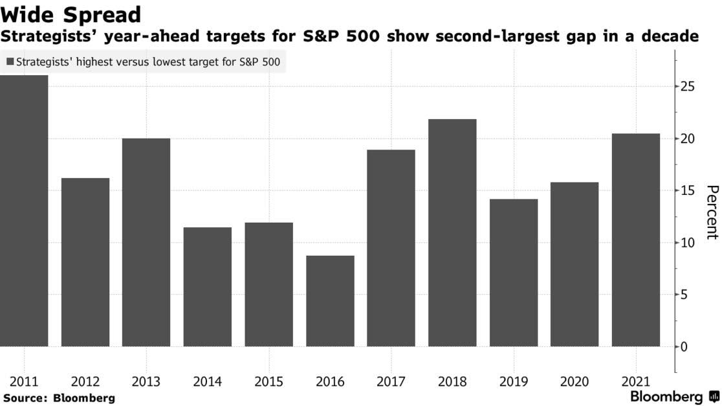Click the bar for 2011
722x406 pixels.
[24, 210]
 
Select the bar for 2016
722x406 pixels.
[330, 301]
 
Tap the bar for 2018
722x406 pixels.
[452, 232]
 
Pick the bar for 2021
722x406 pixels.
[636, 240]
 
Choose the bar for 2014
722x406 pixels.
[208, 287]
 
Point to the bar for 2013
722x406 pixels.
[146, 242]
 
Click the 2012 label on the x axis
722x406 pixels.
[85, 381]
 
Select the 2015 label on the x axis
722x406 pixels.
[268, 381]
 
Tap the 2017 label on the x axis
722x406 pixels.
[391, 381]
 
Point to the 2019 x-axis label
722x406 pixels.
[514, 381]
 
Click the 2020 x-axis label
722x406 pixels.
[574, 381]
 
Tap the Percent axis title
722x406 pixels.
[712, 212]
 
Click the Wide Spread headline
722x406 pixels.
[71, 14]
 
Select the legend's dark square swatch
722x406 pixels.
[10, 62]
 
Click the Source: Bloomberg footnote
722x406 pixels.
[59, 398]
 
